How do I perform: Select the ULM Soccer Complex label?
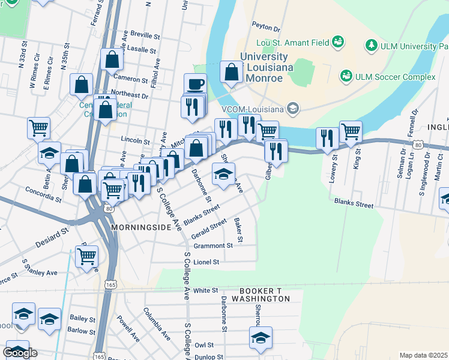coord(396,76)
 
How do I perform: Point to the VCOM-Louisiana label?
coord(254,108)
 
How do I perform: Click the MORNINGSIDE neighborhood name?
coord(139,229)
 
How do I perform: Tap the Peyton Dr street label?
coord(267,28)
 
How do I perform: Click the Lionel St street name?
coord(206,262)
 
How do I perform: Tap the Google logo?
coord(20,353)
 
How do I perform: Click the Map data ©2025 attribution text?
coord(423,355)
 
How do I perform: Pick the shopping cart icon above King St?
coord(351,130)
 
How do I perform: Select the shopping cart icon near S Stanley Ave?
coord(87,256)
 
